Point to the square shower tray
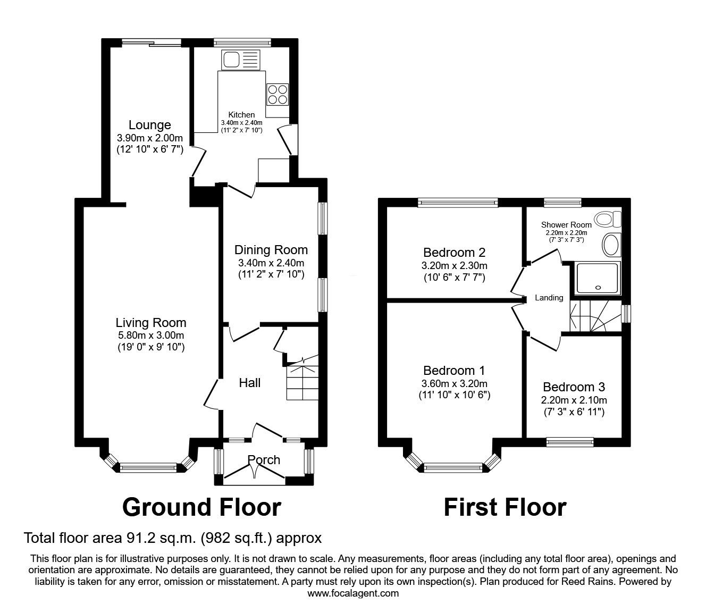tap(598, 277)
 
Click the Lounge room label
tap(150, 125)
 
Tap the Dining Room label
tap(271, 250)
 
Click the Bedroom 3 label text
tap(574, 387)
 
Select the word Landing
tap(549, 298)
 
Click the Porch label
tap(264, 459)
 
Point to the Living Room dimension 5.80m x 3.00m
tap(150, 336)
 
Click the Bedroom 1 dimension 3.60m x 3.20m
tap(454, 383)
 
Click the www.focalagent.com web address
tap(353, 593)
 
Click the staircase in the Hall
tap(302, 380)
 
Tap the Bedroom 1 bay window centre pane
tap(453, 468)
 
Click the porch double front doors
tap(254, 470)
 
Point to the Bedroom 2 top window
tap(458, 202)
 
